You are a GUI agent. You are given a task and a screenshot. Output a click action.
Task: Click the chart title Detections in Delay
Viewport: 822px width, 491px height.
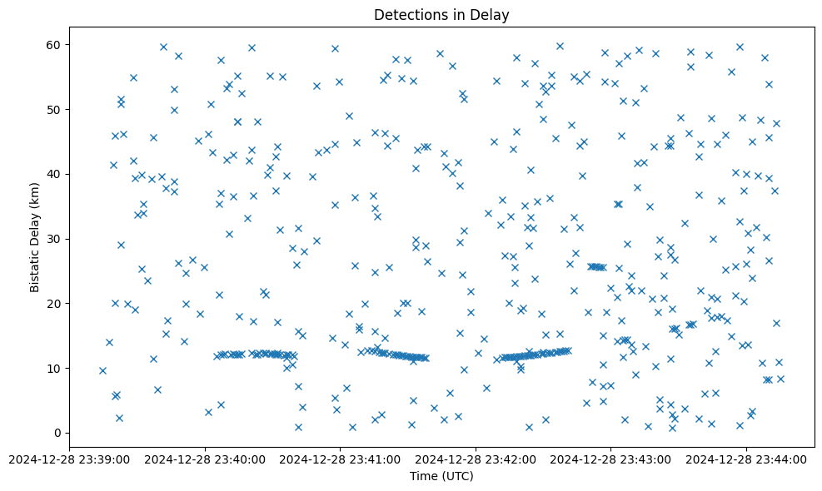pos(441,15)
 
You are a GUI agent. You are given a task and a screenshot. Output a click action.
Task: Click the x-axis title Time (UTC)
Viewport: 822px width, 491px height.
pos(441,476)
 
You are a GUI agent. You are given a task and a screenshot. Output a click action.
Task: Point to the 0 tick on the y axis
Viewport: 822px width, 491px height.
pos(58,433)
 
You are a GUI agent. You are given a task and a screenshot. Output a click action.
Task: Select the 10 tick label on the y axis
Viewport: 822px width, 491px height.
pos(55,368)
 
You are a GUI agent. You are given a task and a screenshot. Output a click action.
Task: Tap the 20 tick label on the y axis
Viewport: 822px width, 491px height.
pos(55,303)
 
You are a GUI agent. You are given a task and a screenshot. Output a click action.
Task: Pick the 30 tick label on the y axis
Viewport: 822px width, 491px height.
pos(55,239)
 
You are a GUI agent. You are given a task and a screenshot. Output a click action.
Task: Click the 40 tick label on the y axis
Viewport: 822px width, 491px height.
pos(55,174)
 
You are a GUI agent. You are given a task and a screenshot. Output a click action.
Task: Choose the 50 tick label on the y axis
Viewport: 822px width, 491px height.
pos(55,109)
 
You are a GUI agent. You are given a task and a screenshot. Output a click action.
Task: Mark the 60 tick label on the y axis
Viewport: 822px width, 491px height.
pos(55,44)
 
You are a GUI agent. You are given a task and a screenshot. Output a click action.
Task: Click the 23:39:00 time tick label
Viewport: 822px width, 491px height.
pos(69,459)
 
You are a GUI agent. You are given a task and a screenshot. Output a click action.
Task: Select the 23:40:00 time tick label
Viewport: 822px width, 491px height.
pos(205,459)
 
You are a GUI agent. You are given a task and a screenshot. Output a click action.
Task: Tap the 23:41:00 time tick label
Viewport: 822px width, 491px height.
pos(340,459)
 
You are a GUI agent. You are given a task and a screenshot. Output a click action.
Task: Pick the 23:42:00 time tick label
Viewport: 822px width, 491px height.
pos(476,459)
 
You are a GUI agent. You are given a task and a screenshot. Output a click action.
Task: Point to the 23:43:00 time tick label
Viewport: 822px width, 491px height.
pos(610,459)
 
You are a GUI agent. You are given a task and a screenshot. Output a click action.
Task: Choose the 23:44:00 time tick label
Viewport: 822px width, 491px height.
pos(746,459)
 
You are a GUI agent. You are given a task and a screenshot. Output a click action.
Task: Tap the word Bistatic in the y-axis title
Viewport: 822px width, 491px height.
pos(35,265)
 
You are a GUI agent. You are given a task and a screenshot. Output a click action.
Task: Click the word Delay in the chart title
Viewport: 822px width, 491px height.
pos(491,15)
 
